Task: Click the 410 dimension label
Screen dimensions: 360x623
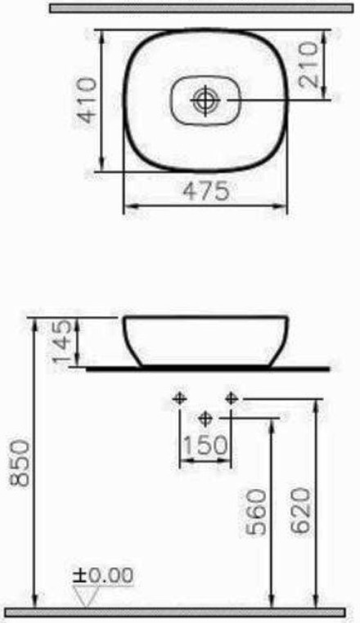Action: [87, 100]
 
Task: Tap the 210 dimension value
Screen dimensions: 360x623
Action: [309, 65]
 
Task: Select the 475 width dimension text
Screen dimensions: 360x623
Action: [206, 190]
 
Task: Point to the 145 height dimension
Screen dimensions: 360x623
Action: [63, 342]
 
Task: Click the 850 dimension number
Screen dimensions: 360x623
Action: [20, 463]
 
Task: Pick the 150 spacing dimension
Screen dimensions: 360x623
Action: [205, 445]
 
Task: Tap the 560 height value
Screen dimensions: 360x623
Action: [256, 512]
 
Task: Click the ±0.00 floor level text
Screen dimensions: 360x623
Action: [102, 575]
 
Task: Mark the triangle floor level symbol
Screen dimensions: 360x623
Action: [86, 595]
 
